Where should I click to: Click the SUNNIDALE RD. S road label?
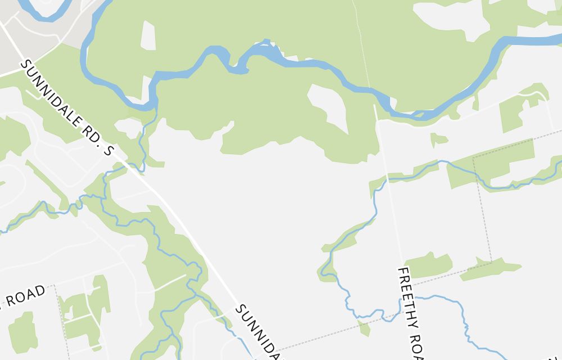[x=67, y=107]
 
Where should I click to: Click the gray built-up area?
[x=28, y=45]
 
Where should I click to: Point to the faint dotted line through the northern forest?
[x=362, y=45]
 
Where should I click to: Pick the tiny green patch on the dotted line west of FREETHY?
[x=365, y=327]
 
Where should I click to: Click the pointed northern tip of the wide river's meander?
[x=267, y=42]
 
